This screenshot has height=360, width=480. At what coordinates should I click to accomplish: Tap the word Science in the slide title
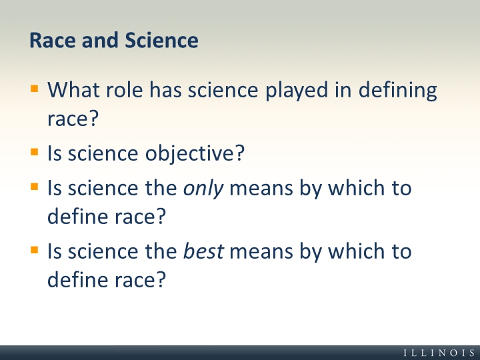[161, 40]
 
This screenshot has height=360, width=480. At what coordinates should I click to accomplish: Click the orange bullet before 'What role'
[35, 89]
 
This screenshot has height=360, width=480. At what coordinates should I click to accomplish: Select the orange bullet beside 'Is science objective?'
[35, 152]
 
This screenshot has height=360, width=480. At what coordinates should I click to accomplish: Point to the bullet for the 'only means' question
[35, 187]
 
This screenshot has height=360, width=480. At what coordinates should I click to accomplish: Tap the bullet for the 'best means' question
[35, 250]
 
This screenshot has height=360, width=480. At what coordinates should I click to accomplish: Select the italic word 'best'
[203, 251]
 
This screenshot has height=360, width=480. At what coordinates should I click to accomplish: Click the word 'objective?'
[195, 154]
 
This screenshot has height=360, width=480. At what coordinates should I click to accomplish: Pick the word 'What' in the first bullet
[73, 90]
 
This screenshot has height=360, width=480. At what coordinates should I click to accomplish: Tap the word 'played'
[297, 91]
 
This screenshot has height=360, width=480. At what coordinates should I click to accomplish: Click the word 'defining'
[397, 91]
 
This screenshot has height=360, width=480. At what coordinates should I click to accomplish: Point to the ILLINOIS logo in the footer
[439, 353]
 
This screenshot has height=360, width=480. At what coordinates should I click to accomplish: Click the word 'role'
[125, 90]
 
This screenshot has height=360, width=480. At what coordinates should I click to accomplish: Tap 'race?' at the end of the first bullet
[73, 119]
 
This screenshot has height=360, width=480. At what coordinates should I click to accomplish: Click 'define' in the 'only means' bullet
[78, 216]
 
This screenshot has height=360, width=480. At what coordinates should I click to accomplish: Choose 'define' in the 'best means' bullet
[78, 279]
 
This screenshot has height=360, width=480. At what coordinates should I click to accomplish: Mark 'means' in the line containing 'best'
[261, 252]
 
